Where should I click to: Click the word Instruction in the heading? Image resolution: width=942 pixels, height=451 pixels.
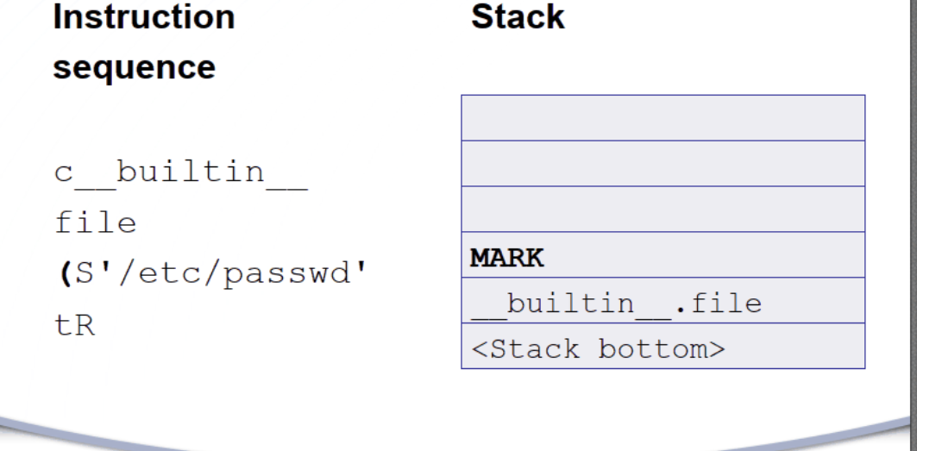(143, 18)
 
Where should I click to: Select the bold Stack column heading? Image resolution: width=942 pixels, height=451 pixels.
(518, 18)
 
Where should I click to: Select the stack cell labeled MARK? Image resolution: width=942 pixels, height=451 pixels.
(663, 255)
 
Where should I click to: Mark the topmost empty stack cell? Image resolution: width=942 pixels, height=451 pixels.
(663, 118)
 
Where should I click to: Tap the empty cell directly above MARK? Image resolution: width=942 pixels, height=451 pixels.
(663, 210)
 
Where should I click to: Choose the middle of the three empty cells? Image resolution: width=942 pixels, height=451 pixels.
(663, 164)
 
